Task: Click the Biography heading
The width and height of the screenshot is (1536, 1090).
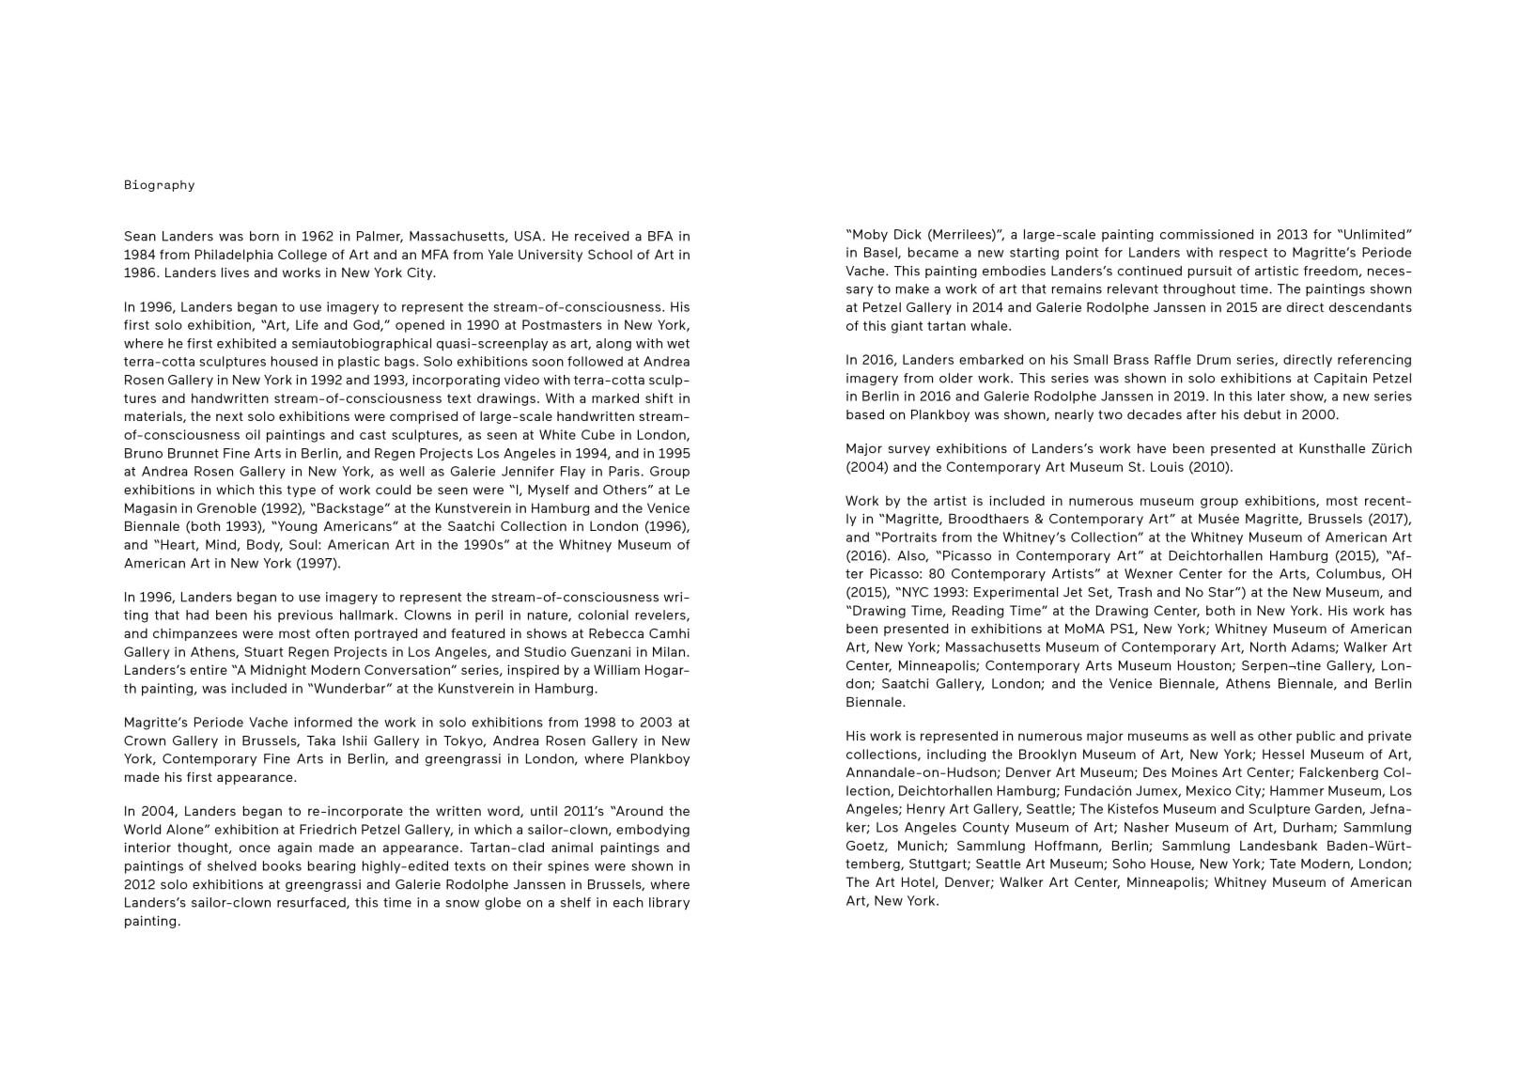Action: coord(159,185)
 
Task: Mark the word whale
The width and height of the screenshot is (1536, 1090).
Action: coord(987,326)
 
